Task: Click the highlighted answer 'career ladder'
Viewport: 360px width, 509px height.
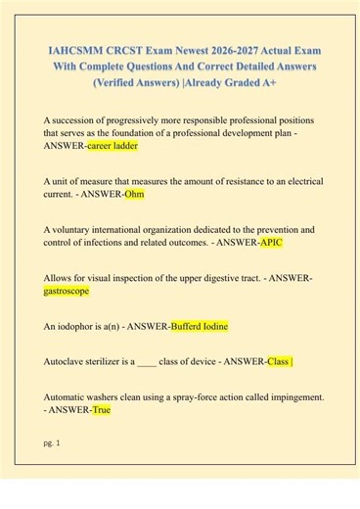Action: (112, 145)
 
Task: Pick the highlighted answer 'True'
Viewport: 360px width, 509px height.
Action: (101, 410)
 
